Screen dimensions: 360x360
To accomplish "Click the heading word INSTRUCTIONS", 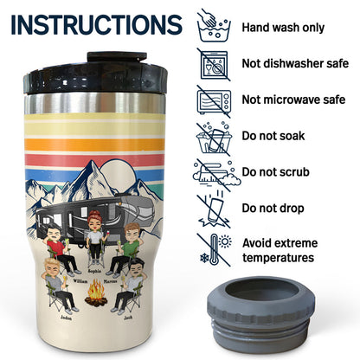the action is pyautogui.click(x=97, y=24).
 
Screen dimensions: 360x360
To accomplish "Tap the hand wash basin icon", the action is pyautogui.click(x=214, y=26).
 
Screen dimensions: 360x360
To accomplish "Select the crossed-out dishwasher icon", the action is pyautogui.click(x=214, y=64).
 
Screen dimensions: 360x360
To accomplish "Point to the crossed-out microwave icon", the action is pyautogui.click(x=214, y=101).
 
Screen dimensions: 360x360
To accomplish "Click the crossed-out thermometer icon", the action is pyautogui.click(x=215, y=250).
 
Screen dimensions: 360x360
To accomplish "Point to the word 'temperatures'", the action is pyautogui.click(x=278, y=257).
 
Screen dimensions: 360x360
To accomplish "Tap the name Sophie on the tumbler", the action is pyautogui.click(x=94, y=271).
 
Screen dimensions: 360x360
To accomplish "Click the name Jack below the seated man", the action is pyautogui.click(x=128, y=318).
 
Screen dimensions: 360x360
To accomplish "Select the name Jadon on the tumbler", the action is pyautogui.click(x=66, y=318).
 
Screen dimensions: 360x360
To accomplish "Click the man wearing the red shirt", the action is pyautogui.click(x=61, y=248).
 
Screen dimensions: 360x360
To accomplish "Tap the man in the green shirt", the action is pyautogui.click(x=125, y=248).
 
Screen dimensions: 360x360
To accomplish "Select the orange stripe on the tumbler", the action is pyautogui.click(x=94, y=145).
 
